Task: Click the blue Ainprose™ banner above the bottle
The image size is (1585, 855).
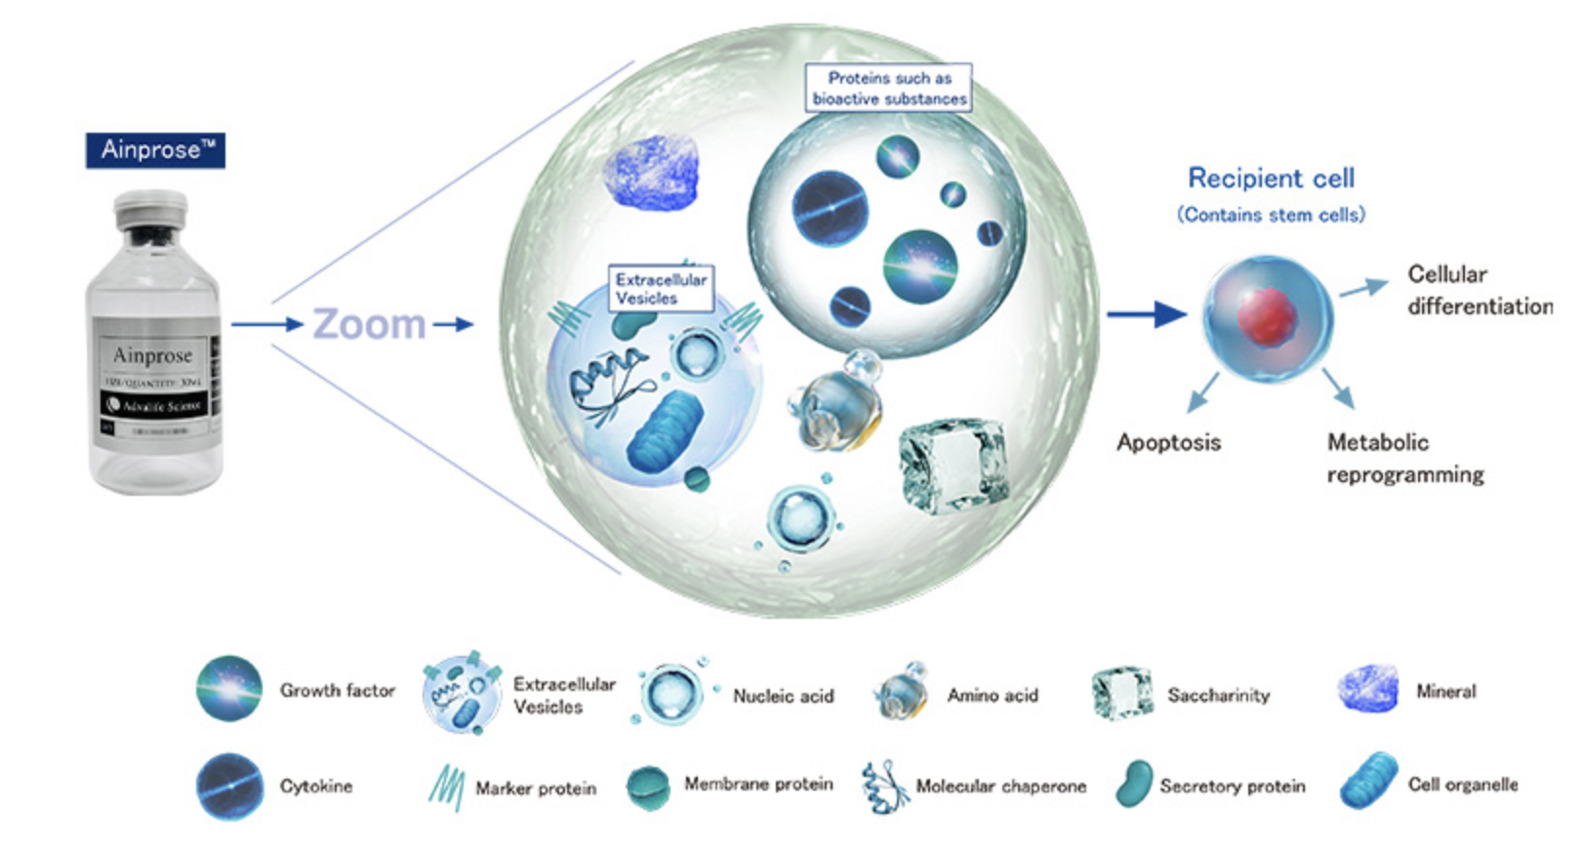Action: point(155,150)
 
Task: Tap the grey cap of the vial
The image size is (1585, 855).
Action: point(150,210)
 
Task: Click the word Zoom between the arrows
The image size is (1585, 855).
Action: point(369,324)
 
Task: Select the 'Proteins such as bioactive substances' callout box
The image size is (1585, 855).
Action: point(888,88)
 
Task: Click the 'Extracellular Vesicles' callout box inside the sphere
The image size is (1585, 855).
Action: point(660,289)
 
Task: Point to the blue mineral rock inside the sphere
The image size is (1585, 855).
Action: point(651,173)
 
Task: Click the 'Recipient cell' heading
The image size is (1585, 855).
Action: point(1271,178)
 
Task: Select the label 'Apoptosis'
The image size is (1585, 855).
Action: point(1168,442)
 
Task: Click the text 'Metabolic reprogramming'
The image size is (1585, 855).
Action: point(1404,459)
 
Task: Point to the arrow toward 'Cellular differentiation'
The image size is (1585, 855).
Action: point(1363,287)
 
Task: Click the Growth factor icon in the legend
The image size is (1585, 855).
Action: point(229,689)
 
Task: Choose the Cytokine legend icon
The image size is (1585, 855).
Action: point(229,786)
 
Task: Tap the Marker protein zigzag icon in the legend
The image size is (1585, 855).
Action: point(446,786)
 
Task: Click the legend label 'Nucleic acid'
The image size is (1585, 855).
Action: point(783,696)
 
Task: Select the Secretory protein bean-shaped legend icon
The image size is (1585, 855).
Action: point(1133,784)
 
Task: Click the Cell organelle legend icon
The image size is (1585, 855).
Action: point(1368,781)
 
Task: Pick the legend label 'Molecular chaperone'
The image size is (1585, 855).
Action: point(1000,786)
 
